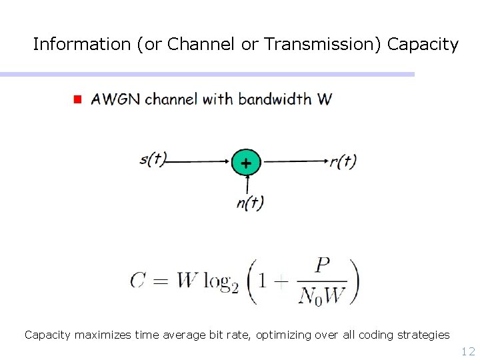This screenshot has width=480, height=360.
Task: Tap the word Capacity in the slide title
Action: (423, 45)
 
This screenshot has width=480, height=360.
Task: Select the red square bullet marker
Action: (77, 99)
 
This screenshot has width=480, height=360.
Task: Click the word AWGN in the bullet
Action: (116, 99)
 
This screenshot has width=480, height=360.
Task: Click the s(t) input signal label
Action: (153, 159)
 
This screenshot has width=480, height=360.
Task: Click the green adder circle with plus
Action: (246, 162)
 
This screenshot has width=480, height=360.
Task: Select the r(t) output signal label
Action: (343, 161)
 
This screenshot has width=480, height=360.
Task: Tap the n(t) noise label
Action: (250, 202)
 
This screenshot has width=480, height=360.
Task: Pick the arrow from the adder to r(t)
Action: (293, 161)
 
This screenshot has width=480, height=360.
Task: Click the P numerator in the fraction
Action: (323, 265)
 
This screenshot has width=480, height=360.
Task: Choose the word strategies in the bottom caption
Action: (421, 335)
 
